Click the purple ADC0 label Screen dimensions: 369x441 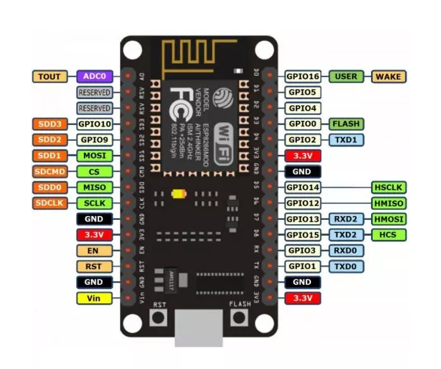(x=95, y=76)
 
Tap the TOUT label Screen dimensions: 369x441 (x=49, y=76)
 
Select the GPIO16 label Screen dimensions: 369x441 (x=303, y=76)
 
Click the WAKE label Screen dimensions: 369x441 (x=388, y=76)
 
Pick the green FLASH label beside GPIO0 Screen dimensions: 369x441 (x=346, y=124)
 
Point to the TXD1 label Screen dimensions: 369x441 (x=346, y=140)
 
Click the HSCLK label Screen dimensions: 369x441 (x=388, y=187)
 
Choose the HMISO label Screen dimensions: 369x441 (x=388, y=203)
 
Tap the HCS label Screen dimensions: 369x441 (x=388, y=234)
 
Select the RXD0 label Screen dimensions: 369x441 (x=346, y=250)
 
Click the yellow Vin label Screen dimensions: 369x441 (x=95, y=298)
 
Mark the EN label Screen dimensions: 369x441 (x=95, y=250)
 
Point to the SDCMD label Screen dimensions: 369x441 (x=49, y=171)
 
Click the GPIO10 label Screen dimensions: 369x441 (x=95, y=124)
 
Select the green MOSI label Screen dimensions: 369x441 (x=95, y=155)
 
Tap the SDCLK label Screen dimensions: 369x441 (x=49, y=203)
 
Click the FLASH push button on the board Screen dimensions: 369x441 (x=238, y=317)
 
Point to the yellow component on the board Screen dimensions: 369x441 (x=180, y=194)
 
